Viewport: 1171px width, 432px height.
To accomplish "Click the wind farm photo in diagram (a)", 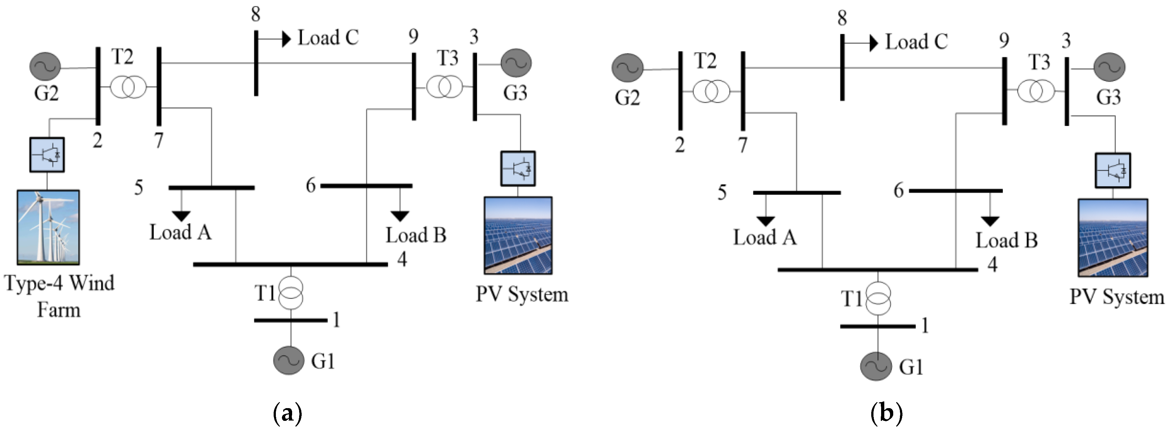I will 48,227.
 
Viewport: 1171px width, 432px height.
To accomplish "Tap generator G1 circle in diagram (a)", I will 288,360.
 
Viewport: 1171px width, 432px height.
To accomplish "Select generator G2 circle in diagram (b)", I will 627,68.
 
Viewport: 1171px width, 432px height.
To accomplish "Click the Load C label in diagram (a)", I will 328,38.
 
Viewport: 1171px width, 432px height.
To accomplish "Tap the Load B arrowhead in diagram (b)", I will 990,222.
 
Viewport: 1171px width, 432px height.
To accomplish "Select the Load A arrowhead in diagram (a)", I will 181,216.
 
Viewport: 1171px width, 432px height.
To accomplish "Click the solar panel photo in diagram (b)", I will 1113,237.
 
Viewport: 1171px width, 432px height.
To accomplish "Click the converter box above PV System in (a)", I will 518,168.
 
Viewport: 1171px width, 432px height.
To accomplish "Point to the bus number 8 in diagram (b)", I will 842,18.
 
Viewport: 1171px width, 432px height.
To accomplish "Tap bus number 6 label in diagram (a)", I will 311,185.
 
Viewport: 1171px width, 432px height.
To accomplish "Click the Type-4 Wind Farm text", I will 59,296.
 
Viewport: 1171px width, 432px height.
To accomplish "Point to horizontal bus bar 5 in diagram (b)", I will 796,193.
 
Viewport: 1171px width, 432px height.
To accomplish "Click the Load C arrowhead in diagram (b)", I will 873,43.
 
